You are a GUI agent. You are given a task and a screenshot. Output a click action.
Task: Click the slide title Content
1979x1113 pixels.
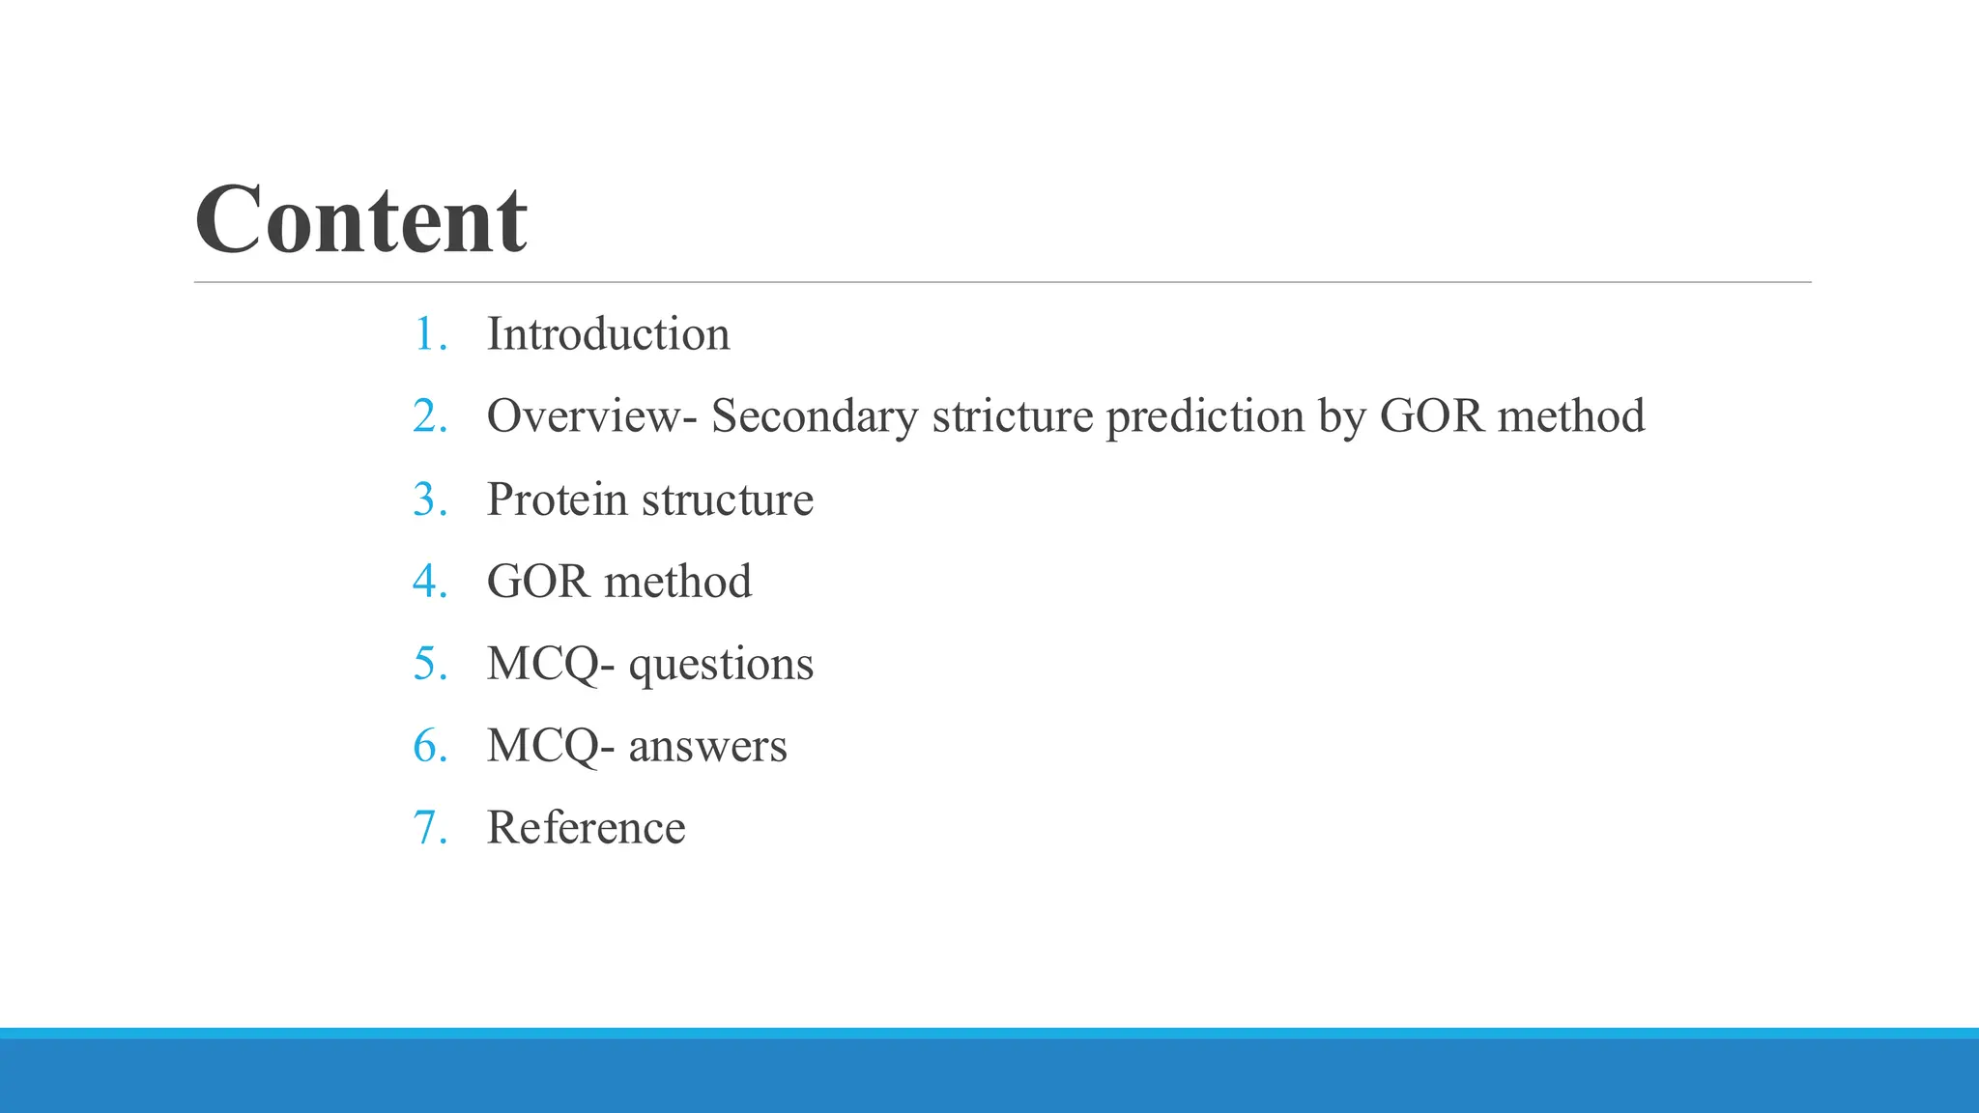pyautogui.click(x=361, y=220)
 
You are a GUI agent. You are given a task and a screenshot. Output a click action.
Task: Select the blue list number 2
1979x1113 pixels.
pyautogui.click(x=428, y=417)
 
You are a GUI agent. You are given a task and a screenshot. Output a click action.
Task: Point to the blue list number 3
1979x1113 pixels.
pyautogui.click(x=428, y=499)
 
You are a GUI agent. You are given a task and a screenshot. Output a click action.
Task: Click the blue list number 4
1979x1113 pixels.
pyautogui.click(x=428, y=582)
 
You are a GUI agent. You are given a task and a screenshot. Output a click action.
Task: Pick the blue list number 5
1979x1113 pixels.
pyautogui.click(x=428, y=664)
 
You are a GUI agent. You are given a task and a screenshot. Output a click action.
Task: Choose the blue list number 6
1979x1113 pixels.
pyautogui.click(x=428, y=746)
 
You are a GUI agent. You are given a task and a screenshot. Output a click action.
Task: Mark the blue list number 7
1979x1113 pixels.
pyautogui.click(x=428, y=828)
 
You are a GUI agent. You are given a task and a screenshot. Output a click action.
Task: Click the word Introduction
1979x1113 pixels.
pyautogui.click(x=608, y=334)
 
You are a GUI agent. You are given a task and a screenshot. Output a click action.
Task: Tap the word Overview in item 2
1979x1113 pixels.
pyautogui.click(x=585, y=416)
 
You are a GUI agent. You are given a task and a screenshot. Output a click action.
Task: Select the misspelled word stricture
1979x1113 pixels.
pyautogui.click(x=1012, y=416)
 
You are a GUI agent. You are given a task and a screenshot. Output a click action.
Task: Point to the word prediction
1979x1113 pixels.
pyautogui.click(x=1205, y=416)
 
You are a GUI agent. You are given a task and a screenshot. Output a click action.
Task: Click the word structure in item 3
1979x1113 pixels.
pyautogui.click(x=727, y=499)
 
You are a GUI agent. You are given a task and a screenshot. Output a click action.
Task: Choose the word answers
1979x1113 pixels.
pyautogui.click(x=707, y=747)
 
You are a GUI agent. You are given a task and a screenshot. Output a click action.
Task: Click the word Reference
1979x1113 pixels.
pyautogui.click(x=586, y=828)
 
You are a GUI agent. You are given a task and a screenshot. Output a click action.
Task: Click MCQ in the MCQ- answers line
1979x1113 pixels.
pyautogui.click(x=543, y=747)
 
